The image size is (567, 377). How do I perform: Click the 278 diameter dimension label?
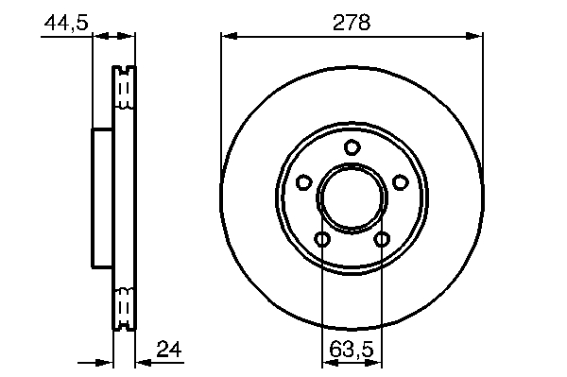tap(352, 22)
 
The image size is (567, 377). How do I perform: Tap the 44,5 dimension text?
tap(66, 23)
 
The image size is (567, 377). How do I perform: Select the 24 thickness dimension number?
tap(169, 350)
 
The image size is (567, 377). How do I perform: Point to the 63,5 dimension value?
tap(351, 350)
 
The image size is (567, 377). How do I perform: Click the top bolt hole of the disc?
tap(352, 147)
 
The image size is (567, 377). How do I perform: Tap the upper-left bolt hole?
tap(303, 181)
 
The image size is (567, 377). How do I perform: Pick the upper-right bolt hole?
tap(401, 181)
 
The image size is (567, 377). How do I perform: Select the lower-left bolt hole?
tap(322, 238)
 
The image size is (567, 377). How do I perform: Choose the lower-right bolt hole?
tap(382, 238)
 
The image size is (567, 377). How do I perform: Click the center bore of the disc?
tap(352, 198)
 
